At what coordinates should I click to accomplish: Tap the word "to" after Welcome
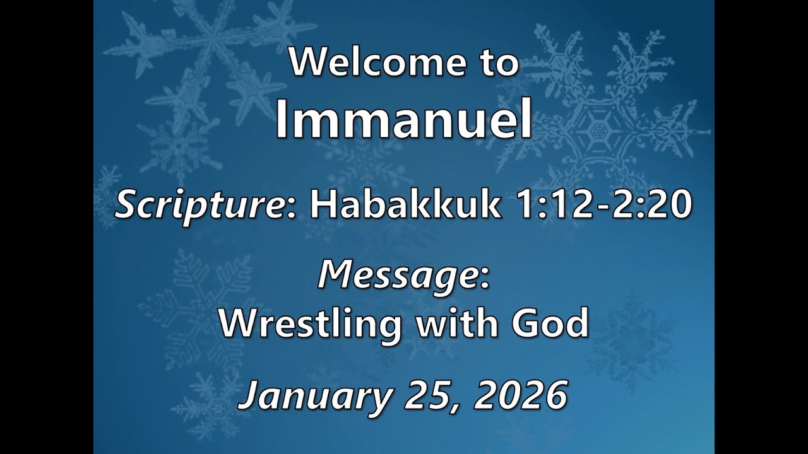coord(496,64)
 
